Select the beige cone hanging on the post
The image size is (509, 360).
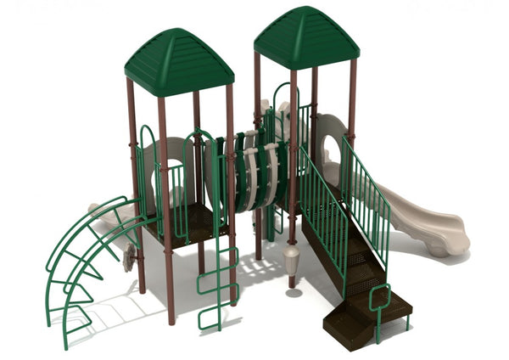click(x=292, y=258)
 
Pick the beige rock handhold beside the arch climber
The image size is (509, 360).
click(x=129, y=256)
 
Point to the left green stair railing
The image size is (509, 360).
click(x=322, y=204)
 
